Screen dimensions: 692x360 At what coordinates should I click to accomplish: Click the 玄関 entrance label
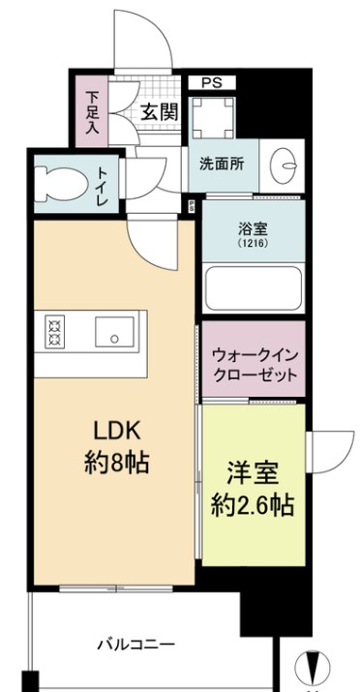(158, 111)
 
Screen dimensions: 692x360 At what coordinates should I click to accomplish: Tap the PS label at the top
(212, 84)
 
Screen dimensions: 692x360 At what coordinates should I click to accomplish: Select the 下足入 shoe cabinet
(92, 111)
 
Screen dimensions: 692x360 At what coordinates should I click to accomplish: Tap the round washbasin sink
(285, 165)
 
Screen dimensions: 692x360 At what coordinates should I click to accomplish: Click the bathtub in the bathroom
(253, 287)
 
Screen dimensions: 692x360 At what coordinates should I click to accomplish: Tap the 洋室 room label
(254, 474)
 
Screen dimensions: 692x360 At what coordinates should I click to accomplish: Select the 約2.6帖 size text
(254, 504)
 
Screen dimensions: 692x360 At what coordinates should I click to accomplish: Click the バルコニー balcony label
(135, 644)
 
